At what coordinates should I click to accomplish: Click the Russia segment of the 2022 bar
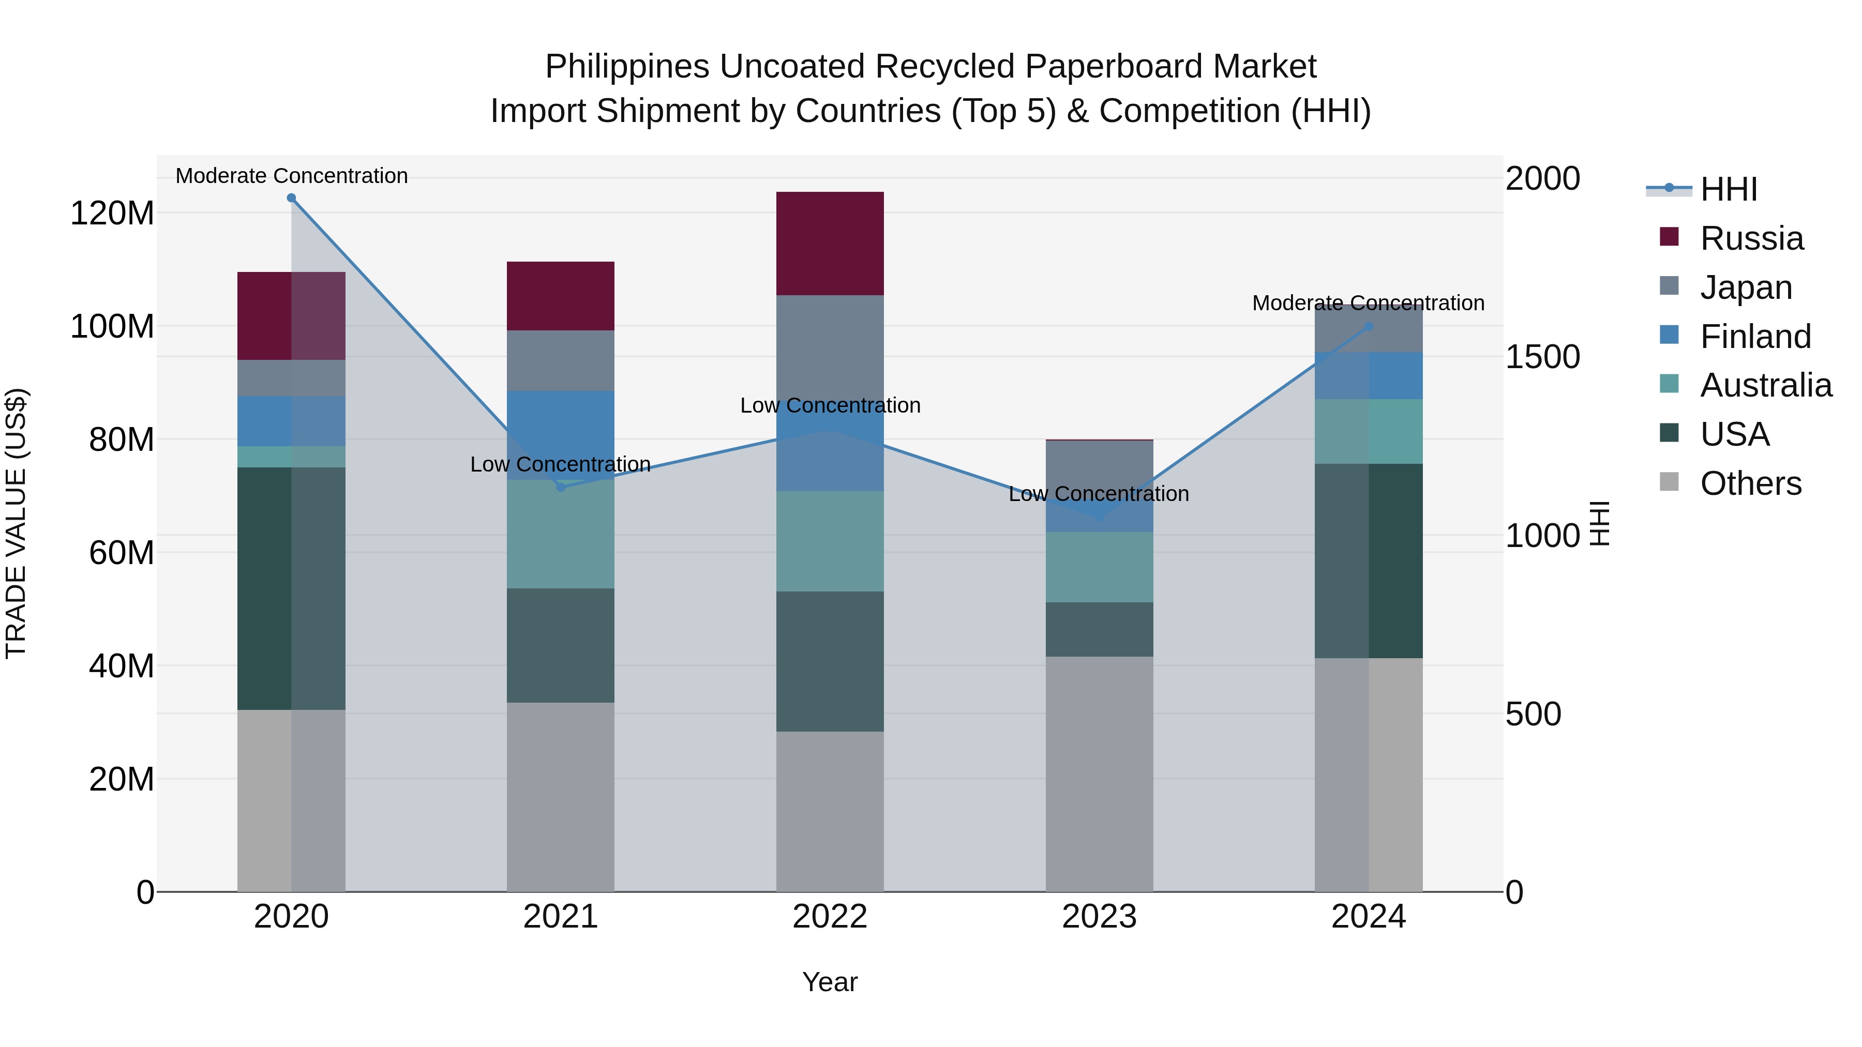coord(830,243)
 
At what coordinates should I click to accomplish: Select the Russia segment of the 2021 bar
coord(560,296)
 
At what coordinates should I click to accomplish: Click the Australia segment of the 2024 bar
coord(1368,431)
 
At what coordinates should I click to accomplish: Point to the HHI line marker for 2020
coord(291,198)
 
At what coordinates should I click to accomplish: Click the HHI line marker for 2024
coord(1368,327)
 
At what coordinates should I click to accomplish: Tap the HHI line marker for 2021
coord(560,487)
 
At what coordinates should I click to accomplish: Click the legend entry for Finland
coord(1755,337)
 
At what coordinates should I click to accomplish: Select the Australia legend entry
coord(1765,385)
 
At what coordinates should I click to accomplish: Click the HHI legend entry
coord(1728,189)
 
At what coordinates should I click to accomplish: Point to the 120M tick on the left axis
coord(112,213)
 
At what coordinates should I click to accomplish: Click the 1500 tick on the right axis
coord(1542,357)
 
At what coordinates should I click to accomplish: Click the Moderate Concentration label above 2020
coord(291,176)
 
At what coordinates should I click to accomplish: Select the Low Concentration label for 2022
coord(830,405)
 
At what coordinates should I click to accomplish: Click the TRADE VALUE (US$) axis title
coord(16,523)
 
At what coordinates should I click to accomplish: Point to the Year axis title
coord(830,982)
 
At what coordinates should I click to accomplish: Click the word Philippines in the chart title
coord(627,67)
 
